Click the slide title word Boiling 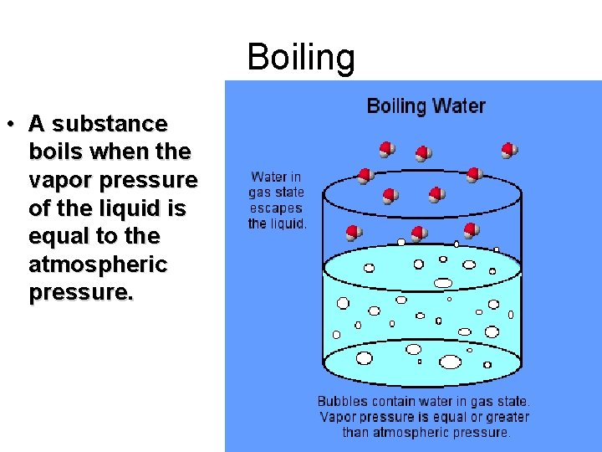pos(301,58)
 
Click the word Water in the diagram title pos(458,106)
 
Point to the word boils pos(56,152)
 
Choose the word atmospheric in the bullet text pos(98,265)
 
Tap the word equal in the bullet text pos(56,237)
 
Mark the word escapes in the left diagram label pos(277,208)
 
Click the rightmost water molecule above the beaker pos(509,151)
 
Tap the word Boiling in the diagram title pos(396,106)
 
